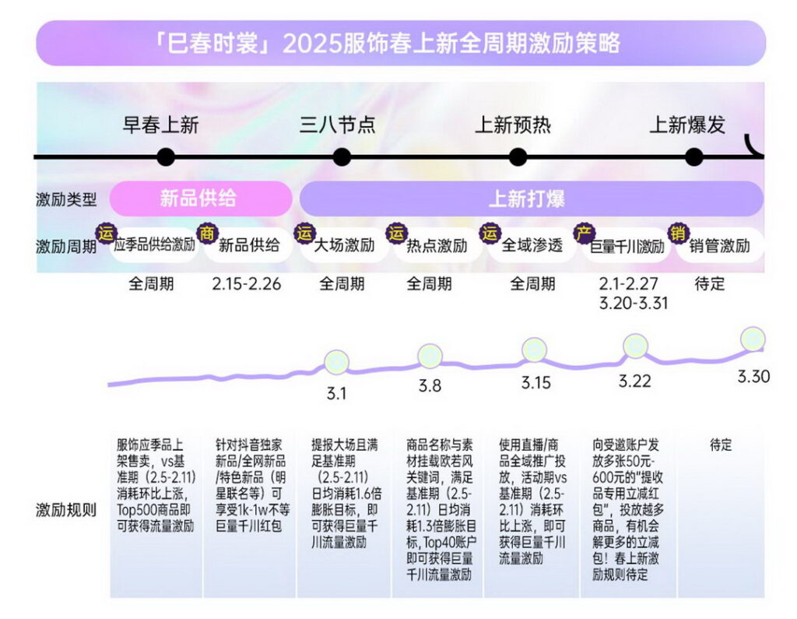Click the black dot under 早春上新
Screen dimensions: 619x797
coord(165,157)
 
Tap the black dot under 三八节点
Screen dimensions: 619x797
coord(342,157)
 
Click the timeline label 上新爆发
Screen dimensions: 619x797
coord(687,125)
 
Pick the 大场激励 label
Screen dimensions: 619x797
coord(343,246)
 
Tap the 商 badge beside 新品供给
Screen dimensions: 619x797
coord(207,232)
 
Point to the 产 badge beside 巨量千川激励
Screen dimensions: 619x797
coord(583,232)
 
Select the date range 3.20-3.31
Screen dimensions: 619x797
coord(634,303)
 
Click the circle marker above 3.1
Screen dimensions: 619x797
coord(337,361)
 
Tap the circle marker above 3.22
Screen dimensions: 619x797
coord(636,346)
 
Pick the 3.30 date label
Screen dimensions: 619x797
coord(753,377)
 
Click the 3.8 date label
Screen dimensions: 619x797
coord(430,385)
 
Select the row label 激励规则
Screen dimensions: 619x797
coord(66,510)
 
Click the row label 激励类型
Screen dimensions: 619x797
coord(66,199)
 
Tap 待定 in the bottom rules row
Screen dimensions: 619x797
coord(721,445)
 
